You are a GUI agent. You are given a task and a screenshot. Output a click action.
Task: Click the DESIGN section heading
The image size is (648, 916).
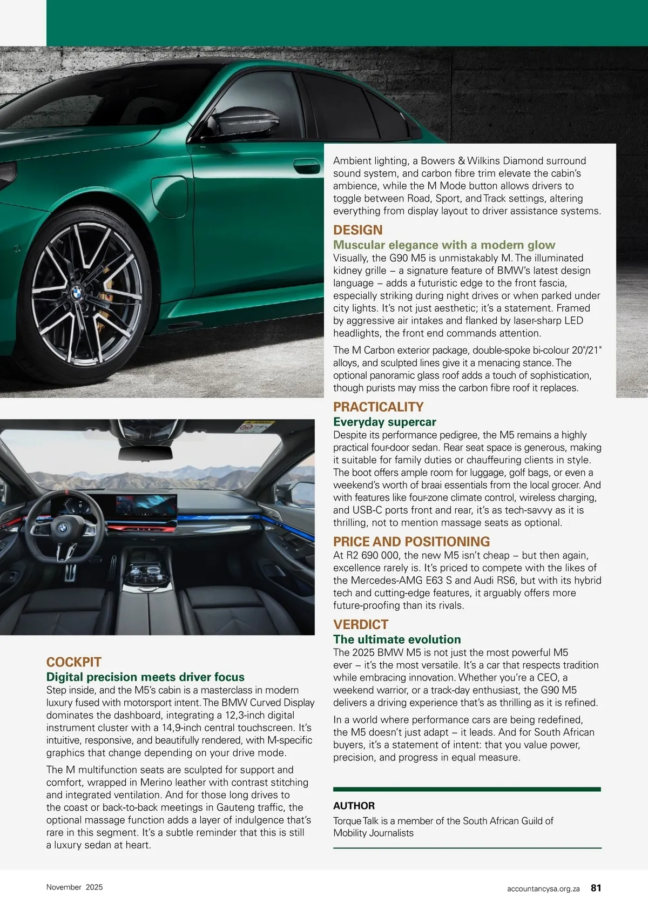click(x=357, y=230)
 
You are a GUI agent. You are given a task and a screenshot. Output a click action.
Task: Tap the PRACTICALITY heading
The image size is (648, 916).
click(x=378, y=407)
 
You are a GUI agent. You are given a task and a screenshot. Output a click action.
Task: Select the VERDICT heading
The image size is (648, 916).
click(x=361, y=624)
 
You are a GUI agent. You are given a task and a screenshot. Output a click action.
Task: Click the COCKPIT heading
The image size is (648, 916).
click(x=74, y=662)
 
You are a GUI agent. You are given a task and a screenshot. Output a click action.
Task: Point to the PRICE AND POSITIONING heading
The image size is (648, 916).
click(x=411, y=542)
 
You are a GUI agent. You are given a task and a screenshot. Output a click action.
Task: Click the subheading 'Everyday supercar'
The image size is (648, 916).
click(x=384, y=422)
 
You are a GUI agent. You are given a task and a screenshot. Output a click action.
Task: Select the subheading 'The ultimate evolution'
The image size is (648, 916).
click(x=397, y=639)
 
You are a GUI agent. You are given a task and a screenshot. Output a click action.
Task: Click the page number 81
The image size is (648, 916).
click(x=596, y=887)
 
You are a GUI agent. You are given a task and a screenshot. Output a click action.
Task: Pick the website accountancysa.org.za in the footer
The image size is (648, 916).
click(x=543, y=888)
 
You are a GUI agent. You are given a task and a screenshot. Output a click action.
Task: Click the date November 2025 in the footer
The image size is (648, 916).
click(x=75, y=887)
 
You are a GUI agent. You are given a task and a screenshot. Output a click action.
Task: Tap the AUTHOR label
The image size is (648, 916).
click(x=354, y=806)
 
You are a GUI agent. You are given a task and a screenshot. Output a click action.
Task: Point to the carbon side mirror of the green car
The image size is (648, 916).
click(x=246, y=122)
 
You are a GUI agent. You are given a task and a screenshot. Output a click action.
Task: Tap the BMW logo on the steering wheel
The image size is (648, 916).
click(x=63, y=528)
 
